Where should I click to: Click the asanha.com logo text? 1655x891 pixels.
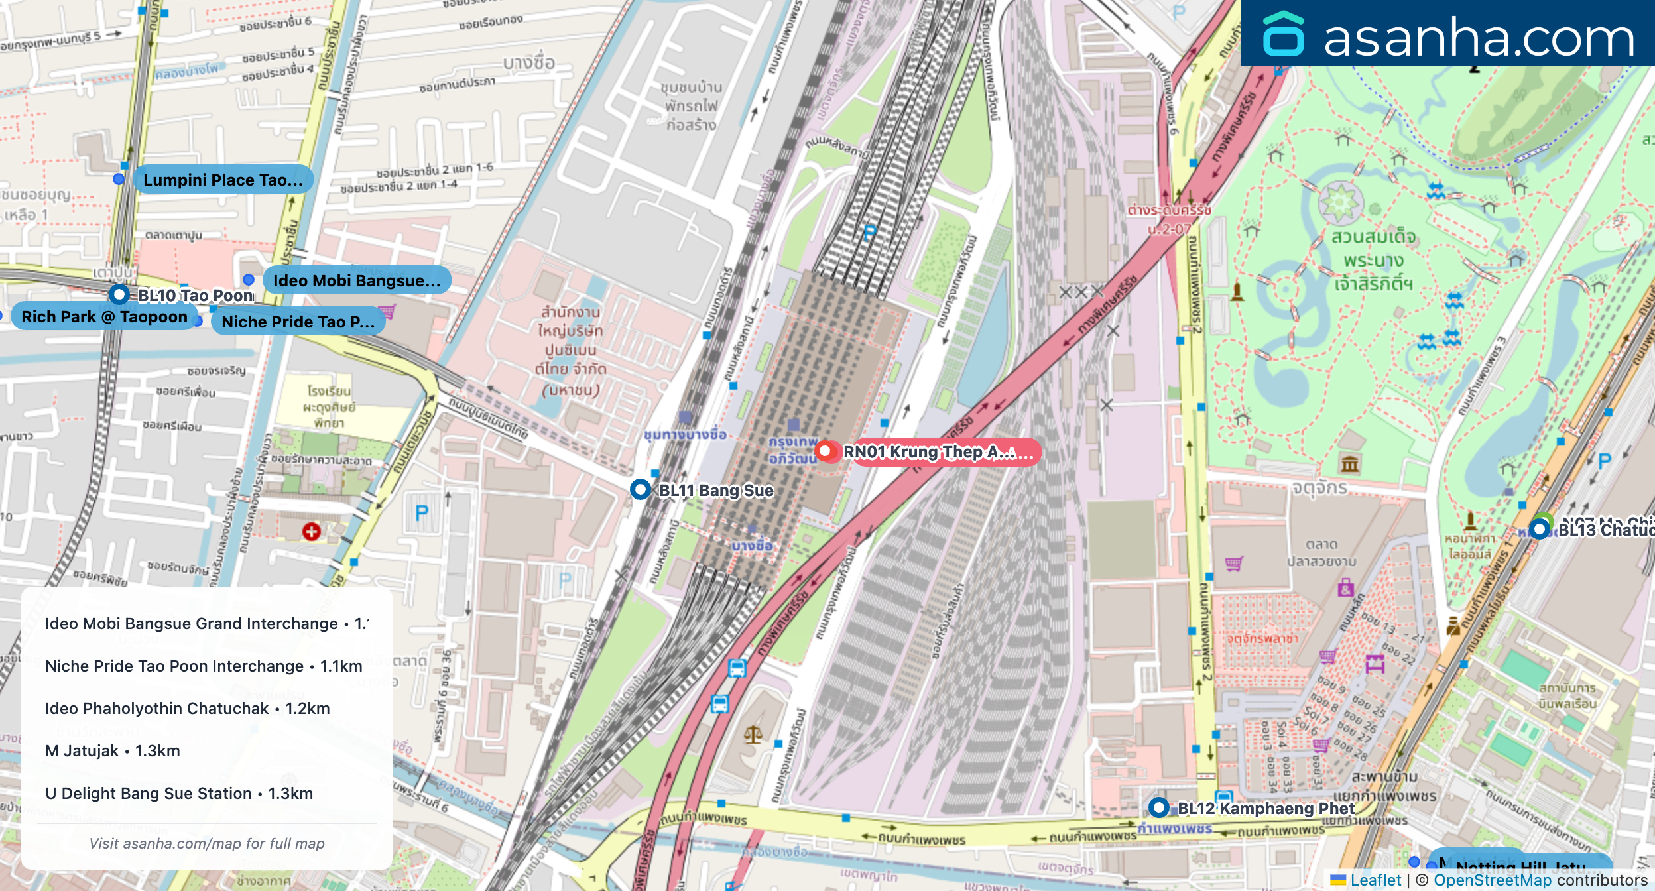(x=1479, y=38)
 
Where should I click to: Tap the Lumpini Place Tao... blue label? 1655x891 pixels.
(x=223, y=180)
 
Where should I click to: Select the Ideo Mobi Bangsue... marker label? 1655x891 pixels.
(x=357, y=280)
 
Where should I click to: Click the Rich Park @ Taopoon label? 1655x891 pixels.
(x=104, y=317)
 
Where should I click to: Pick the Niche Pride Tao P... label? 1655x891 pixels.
(x=298, y=322)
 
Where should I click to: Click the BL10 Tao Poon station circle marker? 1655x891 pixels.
(x=119, y=294)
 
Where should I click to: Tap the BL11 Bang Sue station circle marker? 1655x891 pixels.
(x=640, y=489)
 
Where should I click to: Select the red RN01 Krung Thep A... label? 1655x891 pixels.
(x=938, y=452)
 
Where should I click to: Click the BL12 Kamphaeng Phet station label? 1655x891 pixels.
(x=1265, y=808)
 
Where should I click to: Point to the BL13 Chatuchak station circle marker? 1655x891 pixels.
(x=1540, y=529)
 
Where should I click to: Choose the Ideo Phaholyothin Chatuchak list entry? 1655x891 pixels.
(x=187, y=708)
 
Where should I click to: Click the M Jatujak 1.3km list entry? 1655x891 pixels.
(x=113, y=750)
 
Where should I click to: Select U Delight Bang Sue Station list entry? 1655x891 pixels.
(x=179, y=793)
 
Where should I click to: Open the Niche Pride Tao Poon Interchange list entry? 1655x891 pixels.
(x=204, y=666)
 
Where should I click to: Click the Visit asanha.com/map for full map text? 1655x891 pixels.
(x=207, y=843)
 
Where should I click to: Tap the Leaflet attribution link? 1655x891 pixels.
(x=1375, y=880)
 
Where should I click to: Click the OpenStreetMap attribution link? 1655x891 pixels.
(x=1492, y=880)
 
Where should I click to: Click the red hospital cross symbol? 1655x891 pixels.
(x=312, y=531)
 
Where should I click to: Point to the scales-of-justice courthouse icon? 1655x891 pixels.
(x=753, y=734)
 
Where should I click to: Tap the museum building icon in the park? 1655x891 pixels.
(x=1350, y=463)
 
